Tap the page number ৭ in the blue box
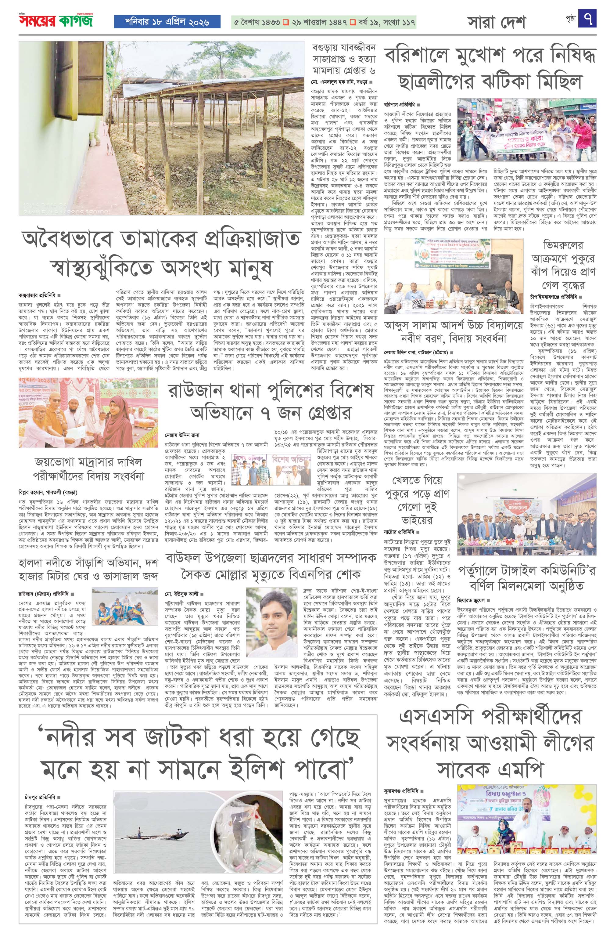click(587, 19)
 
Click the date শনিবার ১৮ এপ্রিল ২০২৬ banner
click(167, 22)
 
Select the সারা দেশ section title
click(496, 22)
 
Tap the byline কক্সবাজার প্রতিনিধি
click(38, 295)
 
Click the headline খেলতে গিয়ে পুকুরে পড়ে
click(417, 500)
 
